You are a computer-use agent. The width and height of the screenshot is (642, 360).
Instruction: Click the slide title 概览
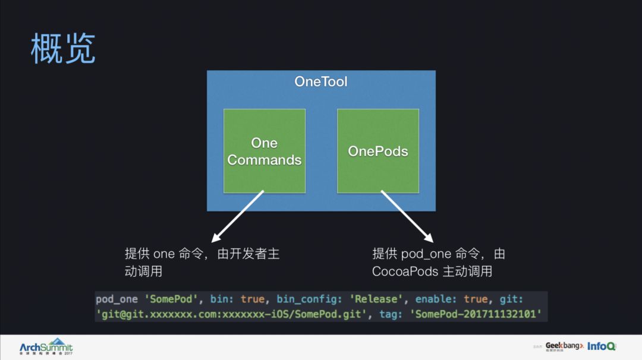[63, 49]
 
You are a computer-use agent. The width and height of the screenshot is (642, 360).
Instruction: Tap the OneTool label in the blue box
[320, 81]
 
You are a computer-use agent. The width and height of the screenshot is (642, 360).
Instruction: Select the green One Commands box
[265, 151]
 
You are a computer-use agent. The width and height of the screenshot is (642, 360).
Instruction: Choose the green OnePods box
[378, 151]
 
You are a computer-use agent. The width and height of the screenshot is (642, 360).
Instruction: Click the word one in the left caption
[164, 254]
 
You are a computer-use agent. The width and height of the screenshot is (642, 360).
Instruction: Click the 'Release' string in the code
[377, 299]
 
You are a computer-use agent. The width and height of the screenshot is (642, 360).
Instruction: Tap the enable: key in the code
[437, 299]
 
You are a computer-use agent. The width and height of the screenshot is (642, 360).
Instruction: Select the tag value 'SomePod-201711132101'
[478, 314]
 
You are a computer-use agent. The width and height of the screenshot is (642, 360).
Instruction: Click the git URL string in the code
[229, 314]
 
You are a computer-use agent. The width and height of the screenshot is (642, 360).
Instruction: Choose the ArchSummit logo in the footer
[46, 346]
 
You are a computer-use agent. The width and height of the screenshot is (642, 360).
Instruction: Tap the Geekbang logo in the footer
[564, 346]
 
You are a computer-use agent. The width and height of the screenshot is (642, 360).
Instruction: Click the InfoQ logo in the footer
[601, 346]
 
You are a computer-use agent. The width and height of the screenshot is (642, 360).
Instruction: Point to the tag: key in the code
[391, 314]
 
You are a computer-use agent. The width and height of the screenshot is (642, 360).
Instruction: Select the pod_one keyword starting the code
[117, 299]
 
